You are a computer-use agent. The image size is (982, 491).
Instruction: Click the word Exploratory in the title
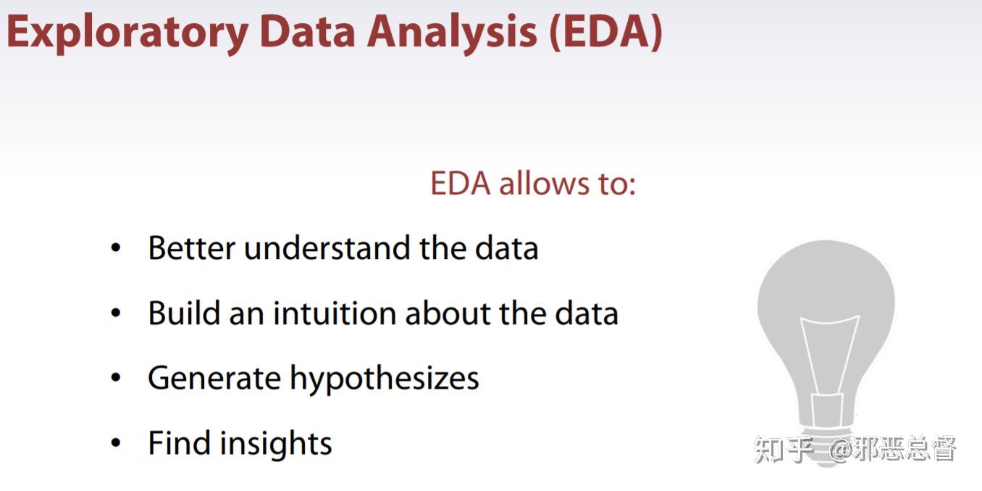pos(127,33)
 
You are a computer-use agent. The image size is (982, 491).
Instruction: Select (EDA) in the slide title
pos(605,33)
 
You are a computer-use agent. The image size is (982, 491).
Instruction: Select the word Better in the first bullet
pos(191,248)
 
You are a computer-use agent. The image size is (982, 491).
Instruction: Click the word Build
pos(183,313)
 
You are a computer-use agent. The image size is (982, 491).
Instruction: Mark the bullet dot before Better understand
pos(116,249)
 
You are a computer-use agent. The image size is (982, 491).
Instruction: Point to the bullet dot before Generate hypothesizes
pos(116,379)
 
